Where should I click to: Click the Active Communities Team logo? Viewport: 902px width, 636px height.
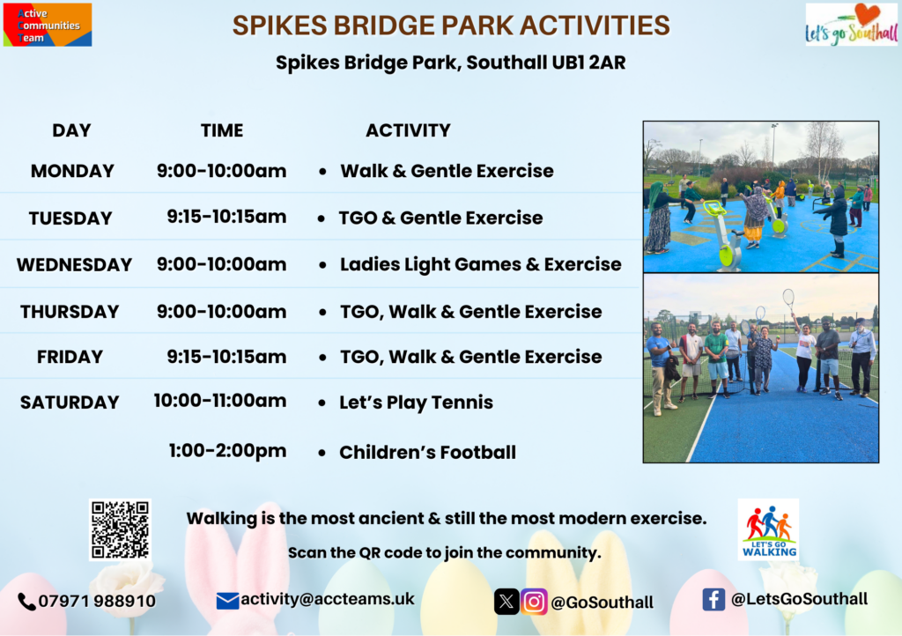click(48, 25)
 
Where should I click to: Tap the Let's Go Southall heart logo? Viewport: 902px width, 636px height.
click(852, 24)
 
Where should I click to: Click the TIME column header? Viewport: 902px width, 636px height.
click(222, 130)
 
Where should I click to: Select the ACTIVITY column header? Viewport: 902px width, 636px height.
click(408, 130)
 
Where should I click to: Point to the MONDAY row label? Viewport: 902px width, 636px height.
click(72, 171)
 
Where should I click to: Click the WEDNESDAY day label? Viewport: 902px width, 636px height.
click(74, 264)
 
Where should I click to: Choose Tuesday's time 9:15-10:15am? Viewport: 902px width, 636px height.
click(226, 217)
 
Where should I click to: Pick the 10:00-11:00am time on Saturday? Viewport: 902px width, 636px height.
click(219, 400)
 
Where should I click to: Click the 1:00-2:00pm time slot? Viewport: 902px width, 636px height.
click(227, 450)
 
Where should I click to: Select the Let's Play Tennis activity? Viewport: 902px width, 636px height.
click(416, 403)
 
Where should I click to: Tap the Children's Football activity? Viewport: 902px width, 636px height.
click(427, 453)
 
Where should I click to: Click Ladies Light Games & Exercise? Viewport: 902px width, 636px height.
click(480, 264)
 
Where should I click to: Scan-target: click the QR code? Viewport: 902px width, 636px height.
click(120, 529)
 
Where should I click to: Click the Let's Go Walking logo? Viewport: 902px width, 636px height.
click(768, 529)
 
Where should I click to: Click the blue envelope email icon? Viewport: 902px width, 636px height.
click(227, 601)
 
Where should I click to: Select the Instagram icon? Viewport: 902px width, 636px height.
click(534, 602)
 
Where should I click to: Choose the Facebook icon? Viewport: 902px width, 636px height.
click(713, 600)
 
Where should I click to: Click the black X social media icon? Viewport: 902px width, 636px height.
click(506, 602)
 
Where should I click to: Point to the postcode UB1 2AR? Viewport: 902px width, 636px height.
click(588, 63)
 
